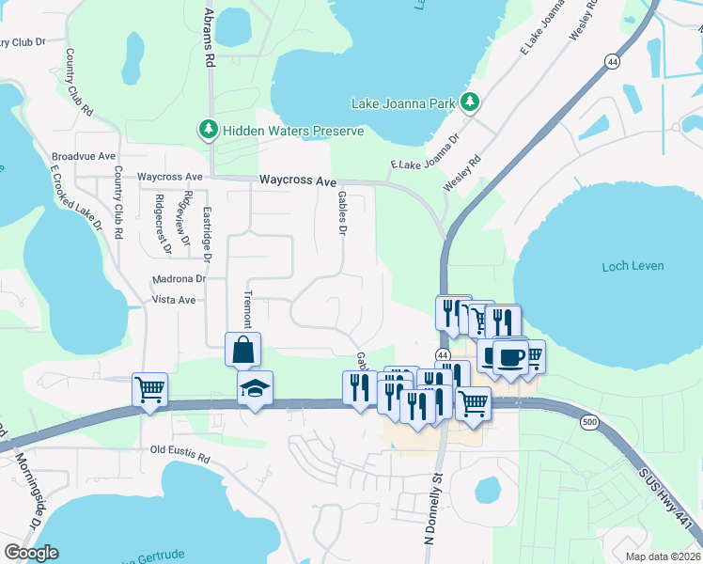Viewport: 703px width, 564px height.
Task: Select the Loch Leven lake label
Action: [633, 266]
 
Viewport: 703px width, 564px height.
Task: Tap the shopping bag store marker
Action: [242, 350]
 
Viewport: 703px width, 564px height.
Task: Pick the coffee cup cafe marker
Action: [510, 357]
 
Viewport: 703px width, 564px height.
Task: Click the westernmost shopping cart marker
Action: [150, 387]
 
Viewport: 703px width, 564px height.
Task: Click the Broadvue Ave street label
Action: [84, 156]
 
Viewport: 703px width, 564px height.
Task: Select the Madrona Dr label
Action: [179, 279]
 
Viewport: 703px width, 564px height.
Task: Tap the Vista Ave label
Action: [173, 300]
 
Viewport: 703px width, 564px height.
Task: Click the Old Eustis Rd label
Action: [181, 450]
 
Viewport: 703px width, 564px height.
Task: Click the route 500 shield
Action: [588, 422]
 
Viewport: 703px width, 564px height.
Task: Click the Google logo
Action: [31, 553]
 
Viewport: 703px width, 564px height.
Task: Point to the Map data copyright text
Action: [663, 556]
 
